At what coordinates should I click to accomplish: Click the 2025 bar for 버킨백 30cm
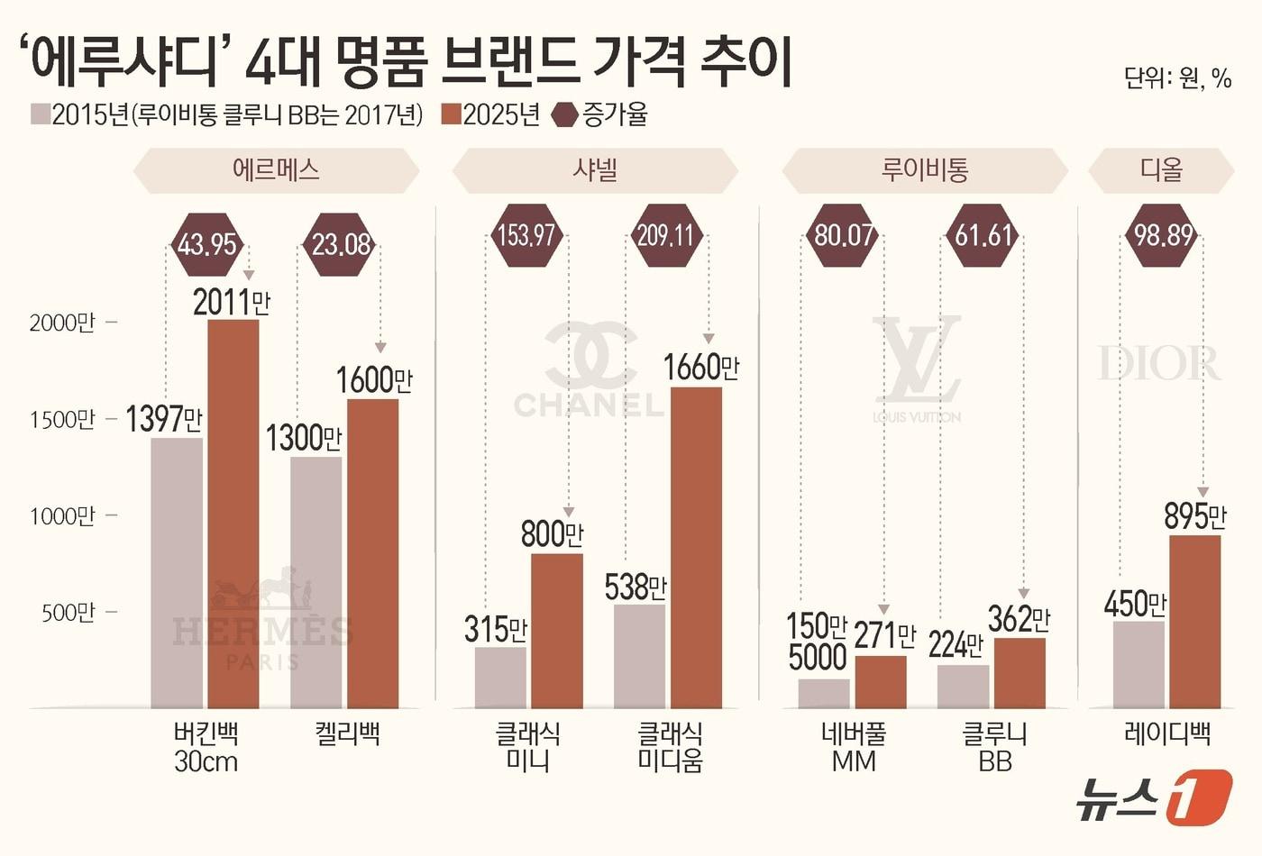(233, 514)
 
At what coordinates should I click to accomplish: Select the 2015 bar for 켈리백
(315, 582)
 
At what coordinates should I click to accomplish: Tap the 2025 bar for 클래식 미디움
(696, 547)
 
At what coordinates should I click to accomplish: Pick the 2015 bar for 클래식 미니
(500, 677)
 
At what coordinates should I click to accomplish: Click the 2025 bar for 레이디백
(1194, 622)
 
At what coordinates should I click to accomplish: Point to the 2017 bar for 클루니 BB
(963, 686)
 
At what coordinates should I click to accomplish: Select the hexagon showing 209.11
(665, 237)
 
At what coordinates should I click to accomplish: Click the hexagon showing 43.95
(207, 243)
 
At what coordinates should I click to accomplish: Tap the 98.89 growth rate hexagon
(1163, 236)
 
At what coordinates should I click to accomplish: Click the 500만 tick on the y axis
(68, 613)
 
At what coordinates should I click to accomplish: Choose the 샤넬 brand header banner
(595, 170)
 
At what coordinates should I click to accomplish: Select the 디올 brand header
(1161, 170)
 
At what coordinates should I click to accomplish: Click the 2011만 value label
(232, 303)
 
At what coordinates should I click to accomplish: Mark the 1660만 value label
(701, 368)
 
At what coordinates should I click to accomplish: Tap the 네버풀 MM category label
(854, 747)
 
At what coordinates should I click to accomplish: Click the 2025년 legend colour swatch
(451, 114)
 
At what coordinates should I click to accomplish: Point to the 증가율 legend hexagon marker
(565, 115)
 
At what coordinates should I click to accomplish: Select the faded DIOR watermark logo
(1159, 363)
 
